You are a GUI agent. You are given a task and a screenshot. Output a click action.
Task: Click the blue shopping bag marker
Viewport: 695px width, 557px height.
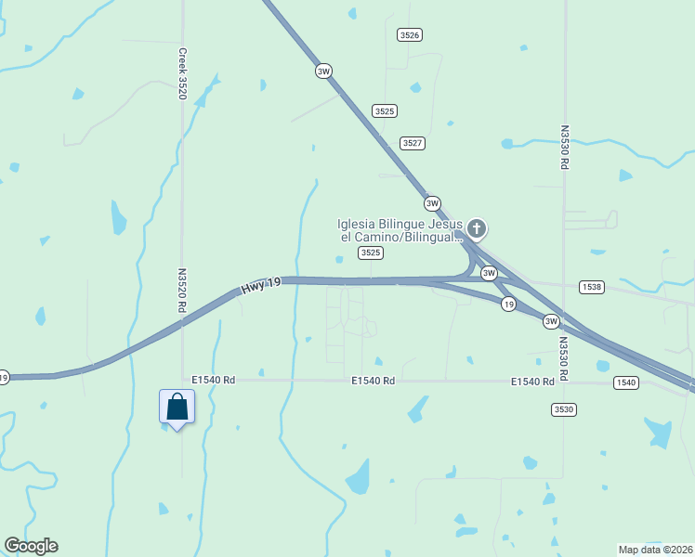tap(177, 407)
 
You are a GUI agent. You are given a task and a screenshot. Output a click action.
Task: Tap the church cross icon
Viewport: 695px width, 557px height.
tap(476, 228)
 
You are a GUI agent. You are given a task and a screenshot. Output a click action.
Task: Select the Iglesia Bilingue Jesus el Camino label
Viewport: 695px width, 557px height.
tap(400, 230)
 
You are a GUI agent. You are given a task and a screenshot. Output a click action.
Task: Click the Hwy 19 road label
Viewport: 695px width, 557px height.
tap(260, 287)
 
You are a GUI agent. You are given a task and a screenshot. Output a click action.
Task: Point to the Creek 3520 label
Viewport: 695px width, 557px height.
tap(183, 74)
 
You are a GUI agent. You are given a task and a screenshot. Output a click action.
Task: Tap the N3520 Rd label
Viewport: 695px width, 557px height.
tap(183, 291)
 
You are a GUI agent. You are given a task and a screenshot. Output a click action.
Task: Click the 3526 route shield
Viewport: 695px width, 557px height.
tap(409, 34)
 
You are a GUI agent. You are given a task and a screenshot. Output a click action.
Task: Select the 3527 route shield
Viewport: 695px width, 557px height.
tap(413, 143)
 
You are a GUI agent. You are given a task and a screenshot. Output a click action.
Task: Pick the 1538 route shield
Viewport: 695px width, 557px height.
tap(592, 287)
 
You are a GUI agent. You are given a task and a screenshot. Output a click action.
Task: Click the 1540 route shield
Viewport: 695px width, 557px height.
tap(626, 382)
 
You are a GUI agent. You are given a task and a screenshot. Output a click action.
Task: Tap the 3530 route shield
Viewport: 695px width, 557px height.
tap(563, 409)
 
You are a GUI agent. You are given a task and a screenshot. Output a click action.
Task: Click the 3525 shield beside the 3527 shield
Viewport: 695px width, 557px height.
tap(385, 110)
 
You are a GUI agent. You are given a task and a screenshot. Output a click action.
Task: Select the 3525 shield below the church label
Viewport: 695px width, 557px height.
tap(371, 253)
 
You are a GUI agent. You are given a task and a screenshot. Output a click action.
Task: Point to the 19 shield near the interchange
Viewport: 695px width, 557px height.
tap(507, 304)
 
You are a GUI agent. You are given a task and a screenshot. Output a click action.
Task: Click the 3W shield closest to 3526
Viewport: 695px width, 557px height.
tap(323, 71)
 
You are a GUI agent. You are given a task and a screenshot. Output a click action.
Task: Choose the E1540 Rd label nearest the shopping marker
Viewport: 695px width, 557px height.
tap(214, 380)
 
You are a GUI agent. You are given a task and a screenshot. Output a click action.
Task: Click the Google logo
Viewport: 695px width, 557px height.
tap(31, 546)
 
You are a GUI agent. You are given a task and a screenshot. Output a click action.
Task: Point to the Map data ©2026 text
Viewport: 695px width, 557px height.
tap(656, 550)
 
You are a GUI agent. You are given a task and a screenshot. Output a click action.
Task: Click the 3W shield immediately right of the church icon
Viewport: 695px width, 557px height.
tap(489, 273)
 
